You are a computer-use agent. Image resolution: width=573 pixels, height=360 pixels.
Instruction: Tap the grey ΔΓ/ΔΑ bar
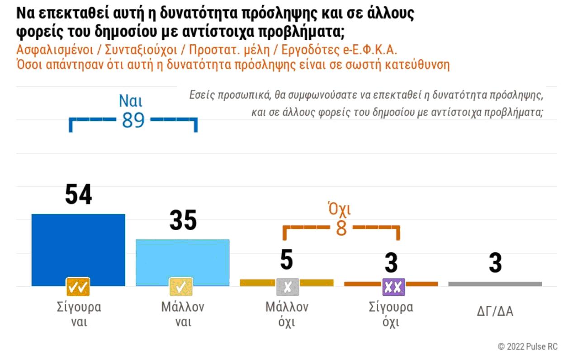[495, 284]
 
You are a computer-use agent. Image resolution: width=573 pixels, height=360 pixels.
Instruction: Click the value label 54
[78, 195]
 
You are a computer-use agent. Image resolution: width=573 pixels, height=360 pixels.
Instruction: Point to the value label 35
[183, 221]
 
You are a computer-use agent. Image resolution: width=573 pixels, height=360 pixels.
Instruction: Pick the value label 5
[287, 261]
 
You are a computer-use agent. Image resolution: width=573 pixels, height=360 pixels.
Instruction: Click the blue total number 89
[133, 120]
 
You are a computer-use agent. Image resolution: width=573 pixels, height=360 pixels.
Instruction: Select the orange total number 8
[341, 228]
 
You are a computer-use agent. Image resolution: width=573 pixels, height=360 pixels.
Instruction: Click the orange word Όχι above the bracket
[339, 209]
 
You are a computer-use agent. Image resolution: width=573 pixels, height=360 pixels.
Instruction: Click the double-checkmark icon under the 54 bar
[78, 286]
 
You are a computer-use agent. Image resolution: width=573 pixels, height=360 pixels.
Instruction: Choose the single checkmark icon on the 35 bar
[181, 286]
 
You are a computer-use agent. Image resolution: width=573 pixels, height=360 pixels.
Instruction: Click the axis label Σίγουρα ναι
[76, 314]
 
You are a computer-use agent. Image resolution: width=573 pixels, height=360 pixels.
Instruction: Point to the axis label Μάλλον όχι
[287, 314]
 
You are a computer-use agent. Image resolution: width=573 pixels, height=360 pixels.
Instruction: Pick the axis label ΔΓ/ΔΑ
[495, 312]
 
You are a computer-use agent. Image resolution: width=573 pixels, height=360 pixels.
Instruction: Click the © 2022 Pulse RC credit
[527, 346]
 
